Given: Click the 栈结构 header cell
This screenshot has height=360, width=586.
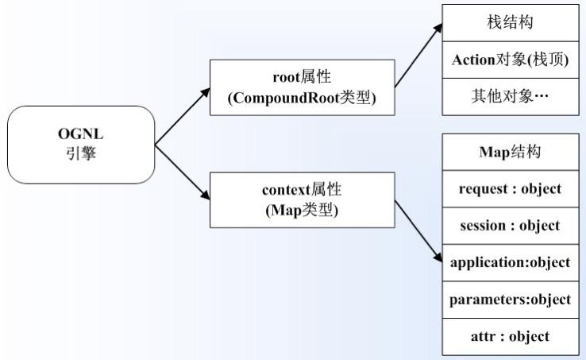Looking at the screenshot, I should tap(511, 23).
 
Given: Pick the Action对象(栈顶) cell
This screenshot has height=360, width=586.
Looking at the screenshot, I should tap(511, 60).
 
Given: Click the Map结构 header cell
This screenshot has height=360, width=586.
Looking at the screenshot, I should tap(511, 152).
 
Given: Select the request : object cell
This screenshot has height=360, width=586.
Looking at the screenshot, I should tap(511, 188).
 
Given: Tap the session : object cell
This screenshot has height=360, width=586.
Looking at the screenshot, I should tap(511, 225).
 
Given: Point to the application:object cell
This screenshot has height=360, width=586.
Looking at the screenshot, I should tap(511, 262).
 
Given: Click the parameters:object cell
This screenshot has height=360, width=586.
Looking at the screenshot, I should tap(511, 299).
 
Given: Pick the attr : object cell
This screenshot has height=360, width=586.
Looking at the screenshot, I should tap(511, 335).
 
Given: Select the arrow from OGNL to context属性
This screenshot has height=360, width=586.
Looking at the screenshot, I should tap(181, 172).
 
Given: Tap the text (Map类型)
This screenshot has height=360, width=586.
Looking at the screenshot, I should tap(302, 211).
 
